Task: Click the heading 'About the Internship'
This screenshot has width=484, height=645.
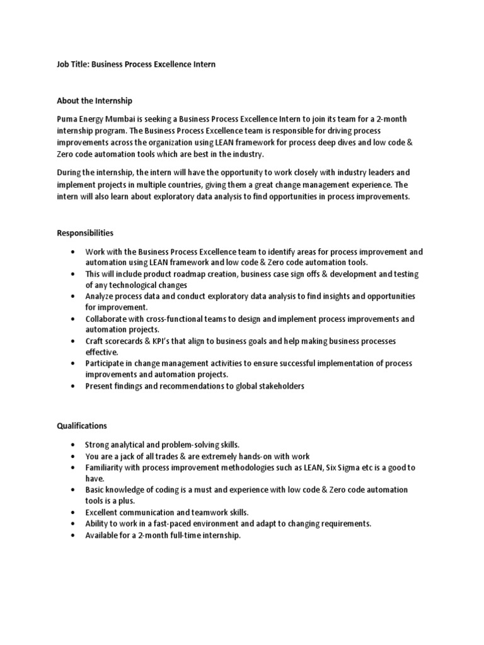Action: tap(95, 100)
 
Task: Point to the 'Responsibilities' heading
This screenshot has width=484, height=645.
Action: tap(86, 232)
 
